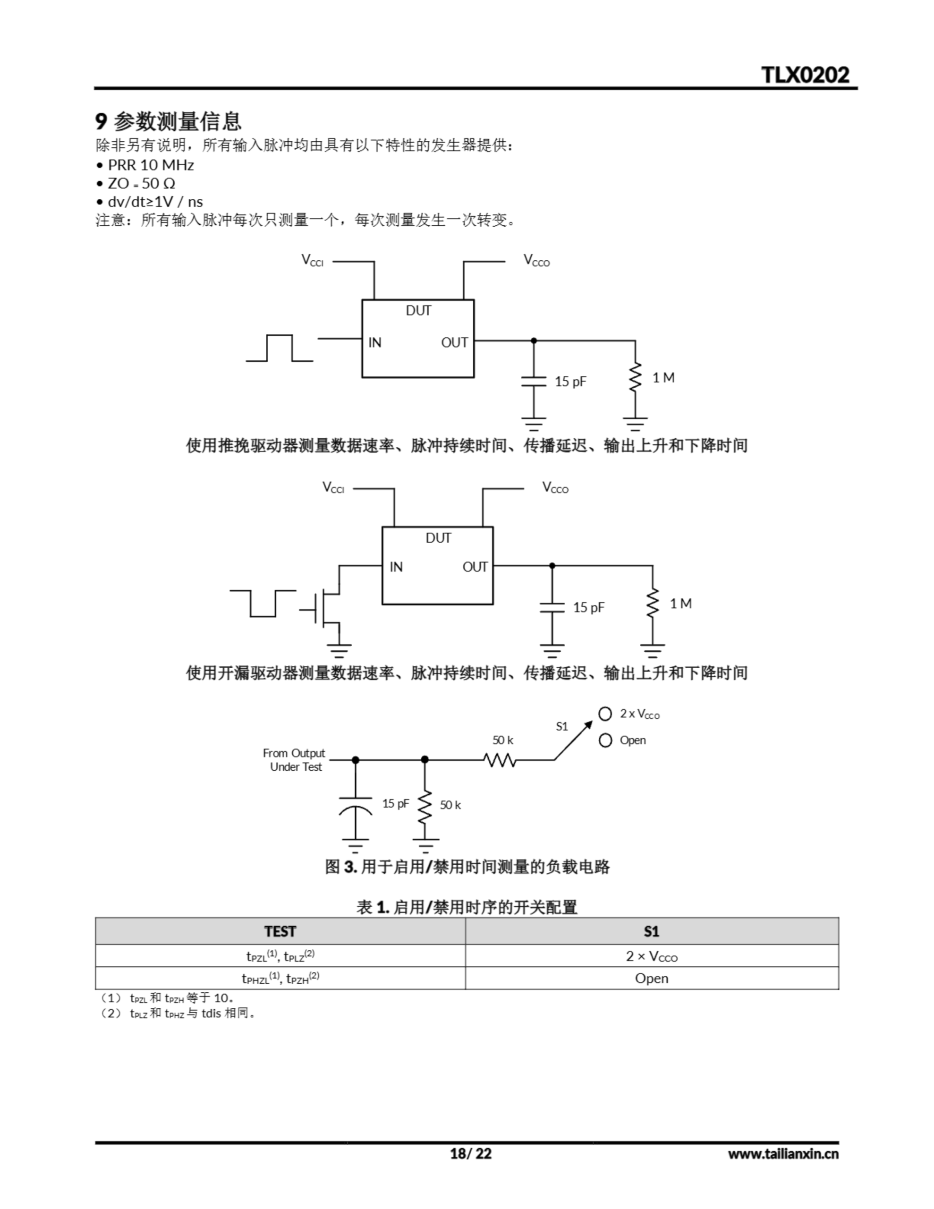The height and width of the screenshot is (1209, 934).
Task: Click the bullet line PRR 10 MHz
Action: [x=151, y=165]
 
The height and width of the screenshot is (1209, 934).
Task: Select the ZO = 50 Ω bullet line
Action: [x=141, y=183]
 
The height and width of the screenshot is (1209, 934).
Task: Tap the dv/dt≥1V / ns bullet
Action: [x=155, y=202]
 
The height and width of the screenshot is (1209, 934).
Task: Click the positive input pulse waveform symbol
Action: [x=280, y=348]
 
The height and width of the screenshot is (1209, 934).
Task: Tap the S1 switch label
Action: [x=561, y=726]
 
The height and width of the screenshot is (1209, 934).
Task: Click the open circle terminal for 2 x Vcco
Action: [x=605, y=714]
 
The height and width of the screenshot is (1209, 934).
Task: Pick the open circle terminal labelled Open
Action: [x=605, y=740]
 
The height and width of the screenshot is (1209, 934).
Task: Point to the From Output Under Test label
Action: [x=294, y=759]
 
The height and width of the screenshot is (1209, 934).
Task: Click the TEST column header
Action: [x=280, y=931]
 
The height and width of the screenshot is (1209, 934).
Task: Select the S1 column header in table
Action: [x=651, y=931]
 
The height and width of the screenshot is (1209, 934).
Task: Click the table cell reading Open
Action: [x=651, y=978]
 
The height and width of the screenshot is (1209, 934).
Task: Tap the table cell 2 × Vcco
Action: [x=651, y=956]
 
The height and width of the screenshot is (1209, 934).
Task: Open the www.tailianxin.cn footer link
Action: [x=783, y=1153]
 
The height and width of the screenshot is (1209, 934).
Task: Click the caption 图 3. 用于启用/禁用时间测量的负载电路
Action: [x=467, y=867]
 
